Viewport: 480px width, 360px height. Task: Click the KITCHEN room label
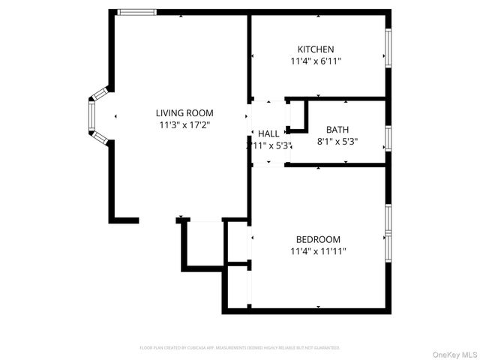pyautogui.click(x=316, y=49)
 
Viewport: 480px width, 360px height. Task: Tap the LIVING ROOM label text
pyautogui.click(x=184, y=112)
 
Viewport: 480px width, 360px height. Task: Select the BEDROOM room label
pyautogui.click(x=318, y=239)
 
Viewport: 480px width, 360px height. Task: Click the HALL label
pyautogui.click(x=268, y=133)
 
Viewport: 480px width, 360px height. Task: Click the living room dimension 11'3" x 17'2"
pyautogui.click(x=184, y=125)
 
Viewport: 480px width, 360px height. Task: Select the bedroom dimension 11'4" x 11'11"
pyautogui.click(x=318, y=252)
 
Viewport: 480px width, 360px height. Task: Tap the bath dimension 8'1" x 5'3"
pyautogui.click(x=337, y=141)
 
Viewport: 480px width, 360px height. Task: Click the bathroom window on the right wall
pyautogui.click(x=388, y=138)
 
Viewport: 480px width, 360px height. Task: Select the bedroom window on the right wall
pyautogui.click(x=388, y=232)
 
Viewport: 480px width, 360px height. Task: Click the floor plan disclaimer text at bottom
pyautogui.click(x=240, y=348)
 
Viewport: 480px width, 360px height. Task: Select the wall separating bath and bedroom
pyautogui.click(x=337, y=164)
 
